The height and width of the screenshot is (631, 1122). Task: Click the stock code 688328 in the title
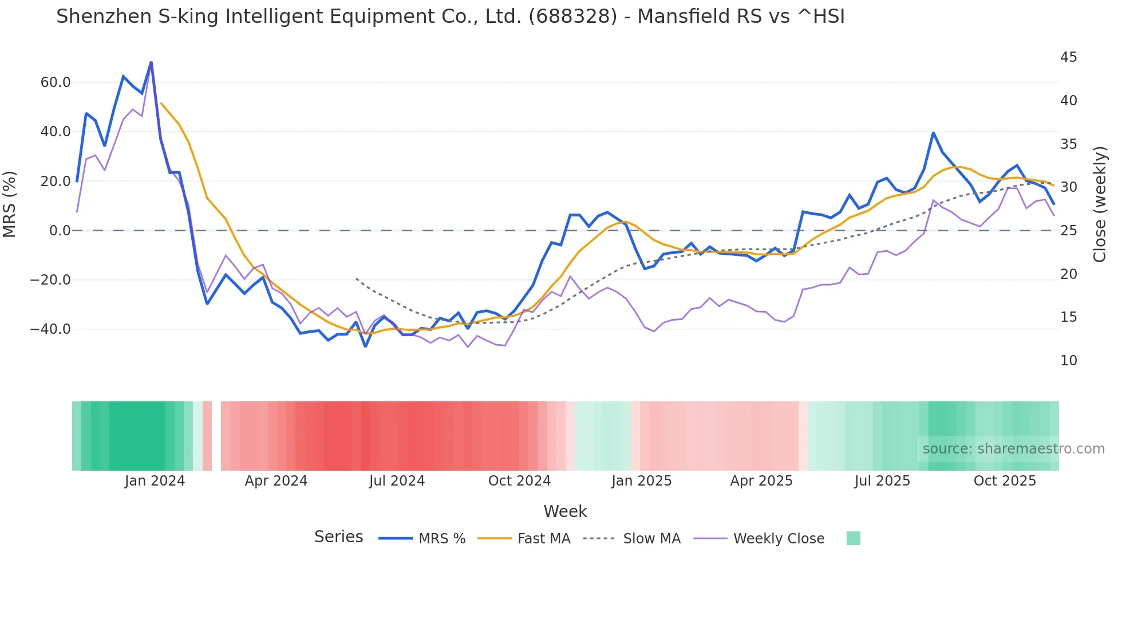pyautogui.click(x=573, y=17)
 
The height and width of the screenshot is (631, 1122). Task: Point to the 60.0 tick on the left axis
pyautogui.click(x=56, y=82)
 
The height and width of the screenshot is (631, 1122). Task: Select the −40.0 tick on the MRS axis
pyautogui.click(x=51, y=329)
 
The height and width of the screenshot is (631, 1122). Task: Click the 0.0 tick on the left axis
pyautogui.click(x=60, y=231)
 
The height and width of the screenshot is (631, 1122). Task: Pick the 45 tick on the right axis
pyautogui.click(x=1068, y=57)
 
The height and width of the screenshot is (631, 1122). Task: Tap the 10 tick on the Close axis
pyautogui.click(x=1068, y=361)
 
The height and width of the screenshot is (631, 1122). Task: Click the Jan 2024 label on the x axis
pyautogui.click(x=155, y=481)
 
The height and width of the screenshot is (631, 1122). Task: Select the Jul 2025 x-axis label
pyautogui.click(x=882, y=481)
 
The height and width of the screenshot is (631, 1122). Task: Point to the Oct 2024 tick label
pyautogui.click(x=519, y=481)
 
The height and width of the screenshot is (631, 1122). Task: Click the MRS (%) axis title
pyautogui.click(x=10, y=204)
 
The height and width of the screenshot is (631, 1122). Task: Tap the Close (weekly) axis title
pyautogui.click(x=1100, y=204)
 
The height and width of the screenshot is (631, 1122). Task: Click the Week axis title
pyautogui.click(x=565, y=511)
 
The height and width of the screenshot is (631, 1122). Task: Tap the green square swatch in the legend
pyautogui.click(x=853, y=538)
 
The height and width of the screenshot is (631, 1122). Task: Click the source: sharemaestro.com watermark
pyautogui.click(x=1013, y=449)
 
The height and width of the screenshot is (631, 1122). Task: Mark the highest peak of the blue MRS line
pyautogui.click(x=151, y=62)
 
